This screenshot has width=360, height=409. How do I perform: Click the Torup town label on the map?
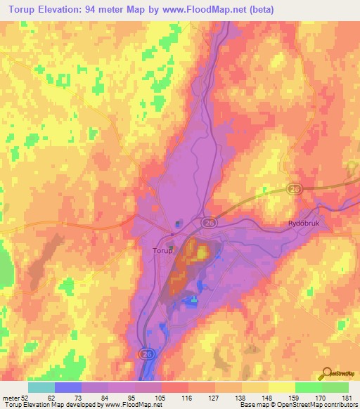tap(162, 249)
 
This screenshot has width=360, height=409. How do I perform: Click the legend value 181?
tap(348, 397)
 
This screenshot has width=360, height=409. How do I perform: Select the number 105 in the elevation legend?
tap(161, 397)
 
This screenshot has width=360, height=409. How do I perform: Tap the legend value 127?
tap(214, 397)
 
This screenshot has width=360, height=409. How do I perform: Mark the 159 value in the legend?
tap(295, 397)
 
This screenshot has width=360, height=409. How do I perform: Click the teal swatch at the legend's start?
tap(41, 387)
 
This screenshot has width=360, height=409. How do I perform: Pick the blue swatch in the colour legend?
tap(67, 387)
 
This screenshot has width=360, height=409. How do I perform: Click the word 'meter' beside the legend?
tap(11, 397)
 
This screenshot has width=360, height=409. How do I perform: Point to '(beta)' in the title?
tap(259, 10)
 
